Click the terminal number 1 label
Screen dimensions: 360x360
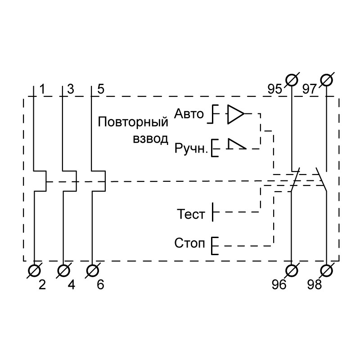42,89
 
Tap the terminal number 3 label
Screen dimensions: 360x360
70,89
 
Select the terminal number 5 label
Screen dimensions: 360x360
100,89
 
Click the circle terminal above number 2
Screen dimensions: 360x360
35,270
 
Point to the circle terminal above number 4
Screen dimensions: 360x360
64,270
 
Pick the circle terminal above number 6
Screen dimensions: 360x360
92,270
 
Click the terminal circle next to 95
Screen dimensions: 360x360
292,80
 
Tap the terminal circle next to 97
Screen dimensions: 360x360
327,80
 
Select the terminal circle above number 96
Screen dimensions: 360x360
292,270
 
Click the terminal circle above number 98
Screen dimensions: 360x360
327,270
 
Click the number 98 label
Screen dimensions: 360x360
315,285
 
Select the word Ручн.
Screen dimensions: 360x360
191,148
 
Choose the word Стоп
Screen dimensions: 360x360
189,244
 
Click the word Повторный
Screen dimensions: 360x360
133,122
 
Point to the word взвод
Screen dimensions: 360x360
150,137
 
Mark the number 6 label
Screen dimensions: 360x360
100,285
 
